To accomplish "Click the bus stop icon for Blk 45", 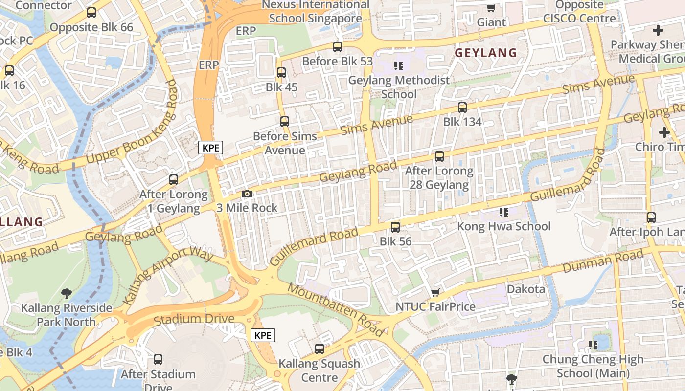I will coord(281,73).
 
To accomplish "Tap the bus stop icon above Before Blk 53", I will coord(338,47).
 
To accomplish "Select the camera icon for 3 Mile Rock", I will coord(247,194).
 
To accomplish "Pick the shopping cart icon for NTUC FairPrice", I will coord(435,292).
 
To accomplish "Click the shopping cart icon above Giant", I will coord(491,8).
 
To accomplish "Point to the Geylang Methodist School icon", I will coord(399,65).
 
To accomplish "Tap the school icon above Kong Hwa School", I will coord(504,212).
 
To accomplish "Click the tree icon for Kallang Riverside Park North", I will coord(67,294).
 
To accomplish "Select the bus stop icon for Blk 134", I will coord(462,108).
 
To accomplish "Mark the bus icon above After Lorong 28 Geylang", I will coord(439,156).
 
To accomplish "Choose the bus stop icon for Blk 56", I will coord(395,227).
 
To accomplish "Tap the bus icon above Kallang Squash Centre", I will coord(320,349).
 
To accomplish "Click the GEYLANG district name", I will coord(486,53).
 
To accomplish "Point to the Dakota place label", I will coord(526,289).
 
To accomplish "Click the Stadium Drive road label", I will coord(194,319).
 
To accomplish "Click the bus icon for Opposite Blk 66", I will coord(91,13).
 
